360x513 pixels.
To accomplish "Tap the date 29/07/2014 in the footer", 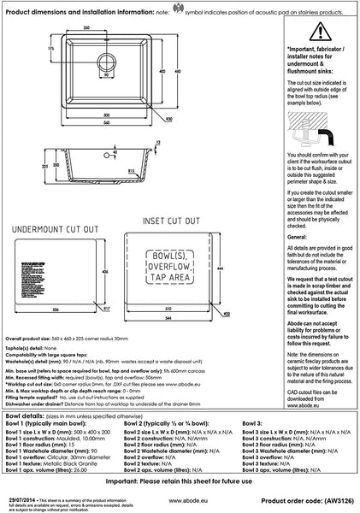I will (x=19, y=493).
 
